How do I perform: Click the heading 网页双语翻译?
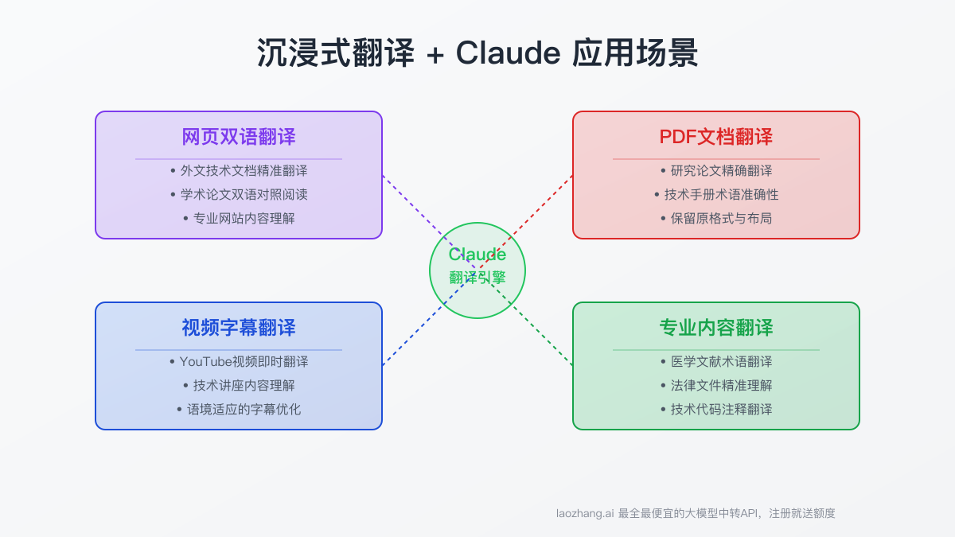click(239, 137)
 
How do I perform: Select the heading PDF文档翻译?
click(716, 137)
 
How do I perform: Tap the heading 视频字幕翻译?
click(239, 328)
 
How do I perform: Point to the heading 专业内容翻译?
click(716, 328)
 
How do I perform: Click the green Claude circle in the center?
click(477, 270)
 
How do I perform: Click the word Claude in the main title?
click(508, 53)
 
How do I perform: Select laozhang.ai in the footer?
click(585, 513)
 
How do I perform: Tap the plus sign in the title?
click(435, 54)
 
